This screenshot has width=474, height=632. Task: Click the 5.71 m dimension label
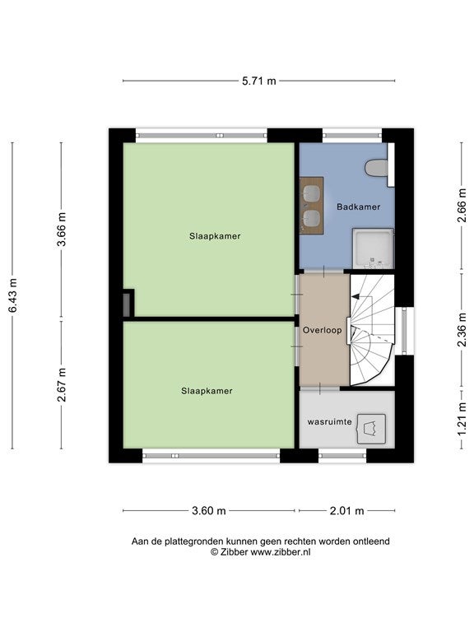(259, 81)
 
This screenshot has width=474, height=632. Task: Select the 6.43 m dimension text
(12, 295)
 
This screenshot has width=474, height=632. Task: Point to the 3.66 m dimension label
(61, 229)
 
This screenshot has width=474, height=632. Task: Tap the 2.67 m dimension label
(61, 384)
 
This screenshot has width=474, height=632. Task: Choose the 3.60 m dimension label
(209, 511)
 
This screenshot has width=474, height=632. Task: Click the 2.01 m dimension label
(346, 511)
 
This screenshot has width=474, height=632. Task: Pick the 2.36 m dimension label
(462, 330)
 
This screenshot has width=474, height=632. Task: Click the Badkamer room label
(358, 207)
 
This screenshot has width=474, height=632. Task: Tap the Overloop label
(322, 330)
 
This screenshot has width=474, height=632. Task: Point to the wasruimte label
(330, 422)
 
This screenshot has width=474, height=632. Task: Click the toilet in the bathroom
(377, 168)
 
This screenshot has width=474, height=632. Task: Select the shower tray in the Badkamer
(373, 249)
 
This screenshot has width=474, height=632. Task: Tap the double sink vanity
(312, 205)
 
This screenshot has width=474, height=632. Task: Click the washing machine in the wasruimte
(371, 429)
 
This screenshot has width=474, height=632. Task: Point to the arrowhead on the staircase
(355, 296)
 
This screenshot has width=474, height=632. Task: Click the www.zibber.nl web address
(280, 552)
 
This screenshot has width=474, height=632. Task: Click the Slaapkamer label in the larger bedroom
(215, 236)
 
